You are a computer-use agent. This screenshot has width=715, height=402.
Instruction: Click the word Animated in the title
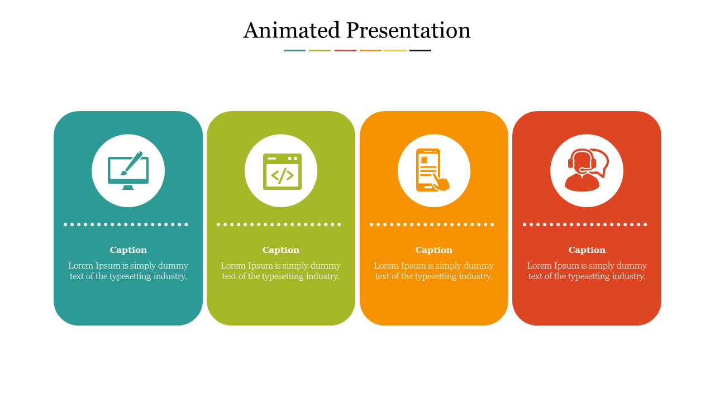click(292, 30)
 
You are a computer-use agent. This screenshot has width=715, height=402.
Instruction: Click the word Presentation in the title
click(408, 30)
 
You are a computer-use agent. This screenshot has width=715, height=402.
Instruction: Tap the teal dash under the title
click(294, 50)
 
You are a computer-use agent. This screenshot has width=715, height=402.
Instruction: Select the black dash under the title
click(421, 50)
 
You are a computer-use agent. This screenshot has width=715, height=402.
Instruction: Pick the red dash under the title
click(345, 50)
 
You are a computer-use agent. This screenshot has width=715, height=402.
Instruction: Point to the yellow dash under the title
click(395, 50)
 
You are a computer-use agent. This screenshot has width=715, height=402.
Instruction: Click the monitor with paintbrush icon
click(128, 170)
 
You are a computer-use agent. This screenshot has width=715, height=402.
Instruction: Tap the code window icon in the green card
click(282, 171)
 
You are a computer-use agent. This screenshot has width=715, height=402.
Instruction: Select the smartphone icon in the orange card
click(432, 170)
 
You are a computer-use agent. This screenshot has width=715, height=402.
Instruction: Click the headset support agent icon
click(587, 170)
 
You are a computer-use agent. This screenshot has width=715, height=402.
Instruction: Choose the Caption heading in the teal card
click(128, 250)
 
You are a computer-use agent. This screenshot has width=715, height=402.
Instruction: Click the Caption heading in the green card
click(281, 250)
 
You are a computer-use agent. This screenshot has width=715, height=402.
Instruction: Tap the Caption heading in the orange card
click(434, 250)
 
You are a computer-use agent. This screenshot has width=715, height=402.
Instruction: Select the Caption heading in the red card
click(587, 250)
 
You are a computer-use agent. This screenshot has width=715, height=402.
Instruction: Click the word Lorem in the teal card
click(80, 265)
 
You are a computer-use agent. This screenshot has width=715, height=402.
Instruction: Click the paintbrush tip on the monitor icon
click(121, 174)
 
